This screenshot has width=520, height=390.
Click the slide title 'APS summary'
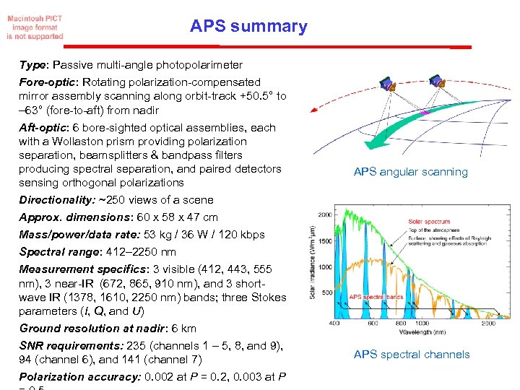point(248,27)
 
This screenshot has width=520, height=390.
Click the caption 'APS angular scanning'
point(410,172)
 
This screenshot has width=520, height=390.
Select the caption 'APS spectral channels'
point(411,355)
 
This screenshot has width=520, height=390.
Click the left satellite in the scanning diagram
point(389,85)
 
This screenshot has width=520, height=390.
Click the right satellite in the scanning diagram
point(436,80)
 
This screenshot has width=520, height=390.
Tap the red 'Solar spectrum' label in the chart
point(428,222)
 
